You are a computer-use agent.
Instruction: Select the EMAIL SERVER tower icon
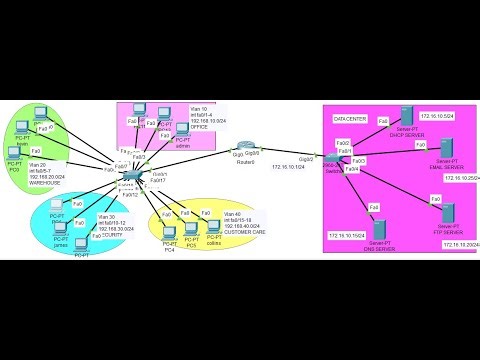point(447,150)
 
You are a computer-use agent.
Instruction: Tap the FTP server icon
point(447,214)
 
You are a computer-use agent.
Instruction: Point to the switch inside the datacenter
point(331,164)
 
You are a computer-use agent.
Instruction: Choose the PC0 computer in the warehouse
point(14,154)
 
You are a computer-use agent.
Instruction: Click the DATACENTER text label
point(351,120)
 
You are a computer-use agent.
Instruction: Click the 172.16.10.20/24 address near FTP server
point(455,244)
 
